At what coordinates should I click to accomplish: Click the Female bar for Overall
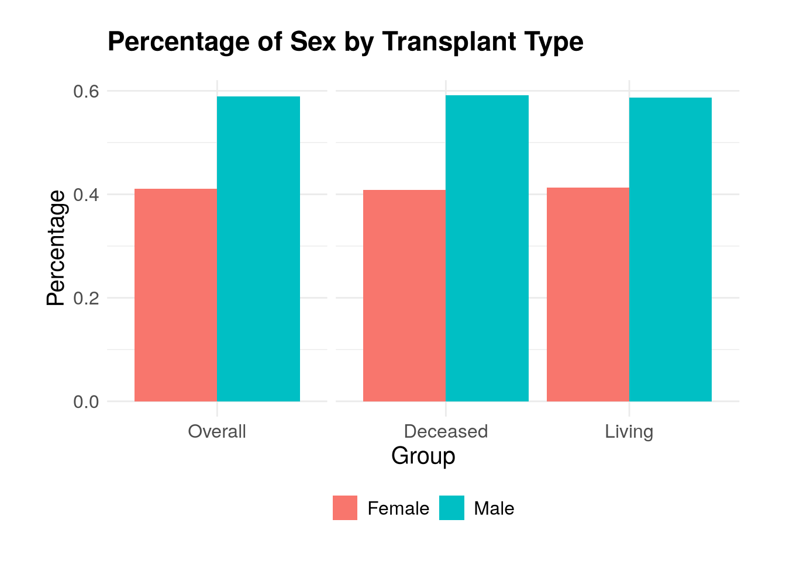176,295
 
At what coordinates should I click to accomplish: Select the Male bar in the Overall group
258,249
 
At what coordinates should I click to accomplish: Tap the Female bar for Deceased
405,296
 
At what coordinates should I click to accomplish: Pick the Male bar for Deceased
487,248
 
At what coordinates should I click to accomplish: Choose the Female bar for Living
588,295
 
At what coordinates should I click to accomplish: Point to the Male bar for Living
671,250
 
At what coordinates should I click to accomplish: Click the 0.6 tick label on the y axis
86,92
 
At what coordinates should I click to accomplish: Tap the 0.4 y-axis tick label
86,195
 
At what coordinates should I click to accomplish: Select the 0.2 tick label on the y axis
86,298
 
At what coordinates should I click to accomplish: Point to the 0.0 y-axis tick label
86,401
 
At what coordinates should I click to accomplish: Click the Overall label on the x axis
217,431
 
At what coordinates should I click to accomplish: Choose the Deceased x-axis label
446,431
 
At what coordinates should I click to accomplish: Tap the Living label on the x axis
629,432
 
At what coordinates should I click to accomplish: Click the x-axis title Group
423,456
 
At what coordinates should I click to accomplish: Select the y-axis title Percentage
56,248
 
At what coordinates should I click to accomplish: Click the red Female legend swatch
345,508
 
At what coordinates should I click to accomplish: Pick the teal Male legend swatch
451,508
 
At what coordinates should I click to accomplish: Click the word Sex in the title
313,41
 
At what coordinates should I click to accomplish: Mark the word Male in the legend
494,508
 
